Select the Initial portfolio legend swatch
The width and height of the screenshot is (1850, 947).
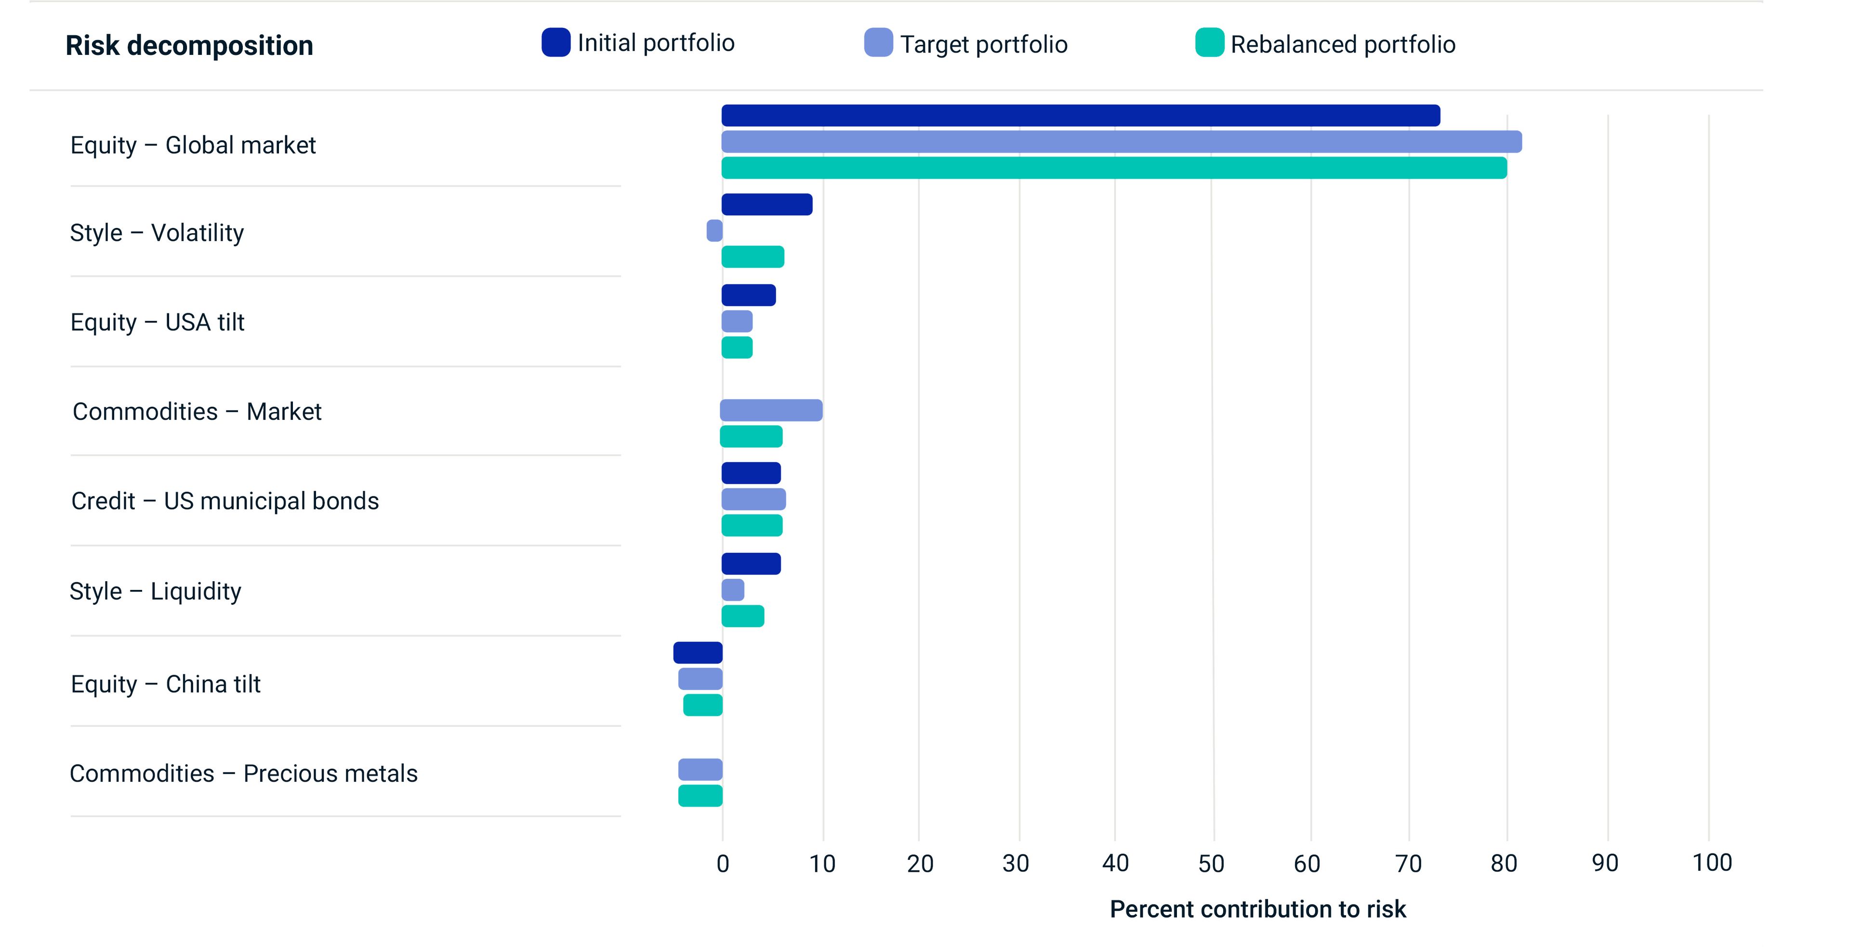pyautogui.click(x=556, y=42)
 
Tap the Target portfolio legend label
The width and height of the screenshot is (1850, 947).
pyautogui.click(x=983, y=44)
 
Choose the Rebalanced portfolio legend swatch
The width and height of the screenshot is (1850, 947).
pyautogui.click(x=1209, y=42)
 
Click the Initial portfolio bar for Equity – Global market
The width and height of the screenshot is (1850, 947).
pyautogui.click(x=1080, y=116)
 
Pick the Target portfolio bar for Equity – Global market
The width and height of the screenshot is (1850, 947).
pyautogui.click(x=1121, y=142)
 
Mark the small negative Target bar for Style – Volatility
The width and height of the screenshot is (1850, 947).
pyautogui.click(x=714, y=231)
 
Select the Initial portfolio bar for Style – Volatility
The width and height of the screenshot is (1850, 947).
pyautogui.click(x=767, y=205)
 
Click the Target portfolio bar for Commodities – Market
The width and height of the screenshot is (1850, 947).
pyautogui.click(x=771, y=410)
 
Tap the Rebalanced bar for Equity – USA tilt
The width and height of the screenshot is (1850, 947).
pyautogui.click(x=737, y=348)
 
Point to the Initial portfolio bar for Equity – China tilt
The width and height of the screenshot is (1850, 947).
pyautogui.click(x=698, y=653)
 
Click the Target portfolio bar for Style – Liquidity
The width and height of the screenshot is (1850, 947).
pyautogui.click(x=732, y=590)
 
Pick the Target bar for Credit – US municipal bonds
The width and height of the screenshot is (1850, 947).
pyautogui.click(x=753, y=499)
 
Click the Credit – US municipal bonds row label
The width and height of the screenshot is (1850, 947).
pyautogui.click(x=225, y=501)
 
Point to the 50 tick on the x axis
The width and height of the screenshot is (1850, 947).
pyautogui.click(x=1212, y=863)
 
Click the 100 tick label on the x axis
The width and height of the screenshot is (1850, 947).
pyautogui.click(x=1711, y=862)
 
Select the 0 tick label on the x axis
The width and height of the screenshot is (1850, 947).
pyautogui.click(x=723, y=863)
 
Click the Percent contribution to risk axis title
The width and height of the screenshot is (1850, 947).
pyautogui.click(x=1257, y=909)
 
